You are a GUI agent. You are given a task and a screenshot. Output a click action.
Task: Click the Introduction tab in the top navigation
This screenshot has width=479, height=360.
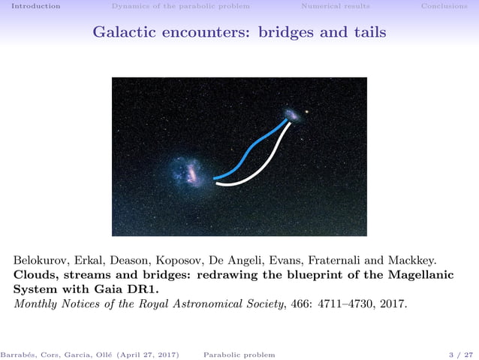pyautogui.click(x=31, y=6)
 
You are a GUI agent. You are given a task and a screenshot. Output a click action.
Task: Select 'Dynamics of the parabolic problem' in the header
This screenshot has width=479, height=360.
pyautogui.click(x=180, y=6)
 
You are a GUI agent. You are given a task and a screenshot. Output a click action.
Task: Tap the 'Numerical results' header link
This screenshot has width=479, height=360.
pyautogui.click(x=335, y=6)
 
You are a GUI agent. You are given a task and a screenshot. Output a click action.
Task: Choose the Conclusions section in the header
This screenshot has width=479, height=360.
pyautogui.click(x=444, y=6)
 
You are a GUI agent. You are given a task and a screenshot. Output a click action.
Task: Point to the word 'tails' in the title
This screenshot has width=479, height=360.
pyautogui.click(x=371, y=32)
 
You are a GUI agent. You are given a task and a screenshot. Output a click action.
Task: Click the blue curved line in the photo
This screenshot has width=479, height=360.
pyautogui.click(x=248, y=154)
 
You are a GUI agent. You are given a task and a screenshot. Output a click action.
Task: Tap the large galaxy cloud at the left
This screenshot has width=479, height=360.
pyautogui.click(x=187, y=171)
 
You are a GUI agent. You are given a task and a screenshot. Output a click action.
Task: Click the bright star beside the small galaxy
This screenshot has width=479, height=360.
pyautogui.click(x=306, y=113)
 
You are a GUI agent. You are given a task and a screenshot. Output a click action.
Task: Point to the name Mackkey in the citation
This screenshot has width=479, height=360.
pyautogui.click(x=412, y=261)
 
